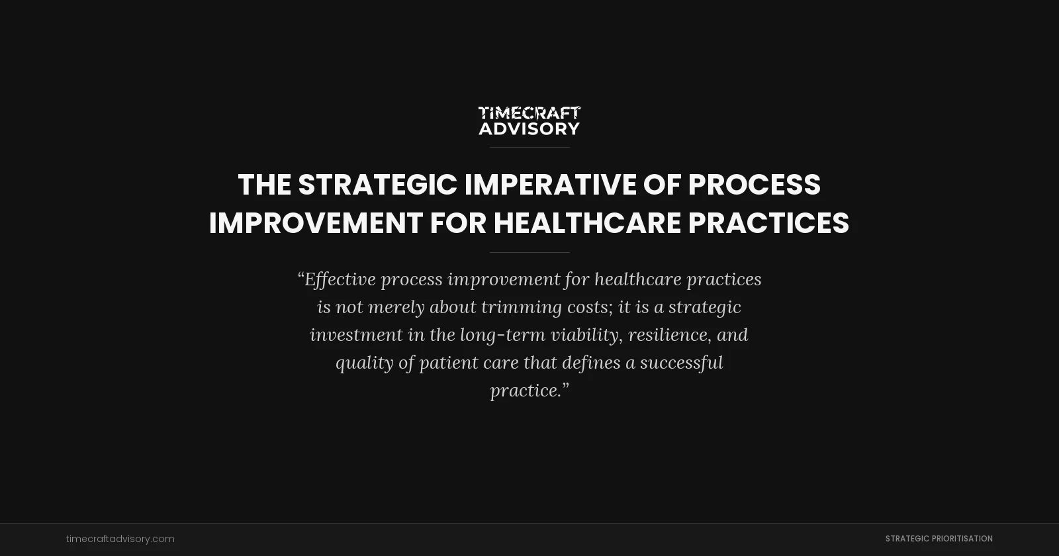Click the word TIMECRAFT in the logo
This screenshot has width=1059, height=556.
coord(529,113)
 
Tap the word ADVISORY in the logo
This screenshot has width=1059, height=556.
coord(529,128)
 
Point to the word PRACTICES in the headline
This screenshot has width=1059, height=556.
coord(768,223)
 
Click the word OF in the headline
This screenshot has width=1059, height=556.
coord(662,185)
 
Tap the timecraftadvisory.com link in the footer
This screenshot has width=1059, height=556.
coord(120,539)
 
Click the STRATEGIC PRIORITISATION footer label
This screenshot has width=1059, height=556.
coord(939,539)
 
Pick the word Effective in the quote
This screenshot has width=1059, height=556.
coord(340,279)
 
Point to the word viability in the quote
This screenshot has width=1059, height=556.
coord(586,335)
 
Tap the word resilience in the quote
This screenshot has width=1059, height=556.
coord(670,335)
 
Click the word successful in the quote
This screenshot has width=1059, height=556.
coord(681,363)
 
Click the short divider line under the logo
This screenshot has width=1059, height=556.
coord(529,147)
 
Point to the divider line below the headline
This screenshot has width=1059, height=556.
coord(529,252)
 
